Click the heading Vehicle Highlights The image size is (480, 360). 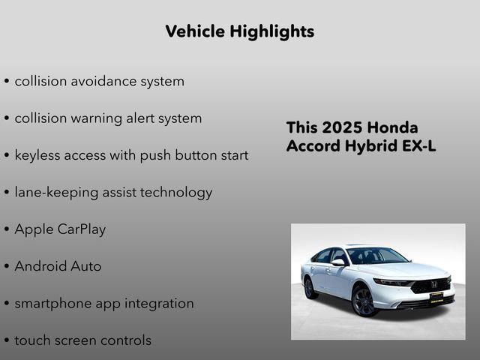[x=239, y=31]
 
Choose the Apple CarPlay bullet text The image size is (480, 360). [x=60, y=229]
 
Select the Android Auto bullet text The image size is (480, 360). [x=58, y=266]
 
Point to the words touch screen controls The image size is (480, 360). [x=82, y=340]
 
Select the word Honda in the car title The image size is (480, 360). [x=393, y=127]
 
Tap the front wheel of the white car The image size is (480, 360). [x=362, y=301]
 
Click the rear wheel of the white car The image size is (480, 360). [x=309, y=287]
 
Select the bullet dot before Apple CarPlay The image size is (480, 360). [x=7, y=230]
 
